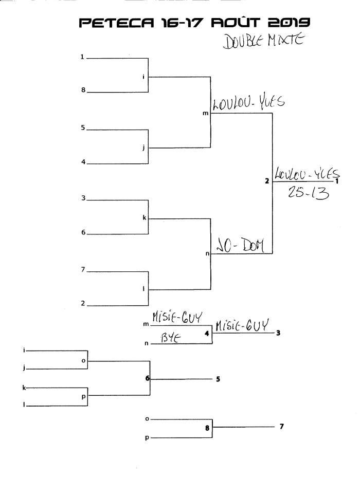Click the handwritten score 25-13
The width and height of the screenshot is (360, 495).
click(x=302, y=195)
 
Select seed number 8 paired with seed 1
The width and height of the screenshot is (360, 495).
click(x=82, y=90)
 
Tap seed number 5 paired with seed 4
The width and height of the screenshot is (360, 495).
click(x=82, y=128)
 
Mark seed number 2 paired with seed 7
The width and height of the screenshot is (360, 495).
click(x=82, y=303)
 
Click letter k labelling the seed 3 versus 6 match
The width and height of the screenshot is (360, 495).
click(x=144, y=217)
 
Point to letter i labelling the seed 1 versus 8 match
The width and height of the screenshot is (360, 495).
click(x=144, y=77)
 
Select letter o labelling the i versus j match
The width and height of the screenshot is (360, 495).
click(x=83, y=360)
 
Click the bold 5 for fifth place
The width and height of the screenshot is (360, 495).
click(x=218, y=379)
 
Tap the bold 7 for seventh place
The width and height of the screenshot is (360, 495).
click(x=281, y=426)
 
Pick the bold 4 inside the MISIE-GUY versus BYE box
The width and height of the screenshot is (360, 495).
click(x=206, y=334)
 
